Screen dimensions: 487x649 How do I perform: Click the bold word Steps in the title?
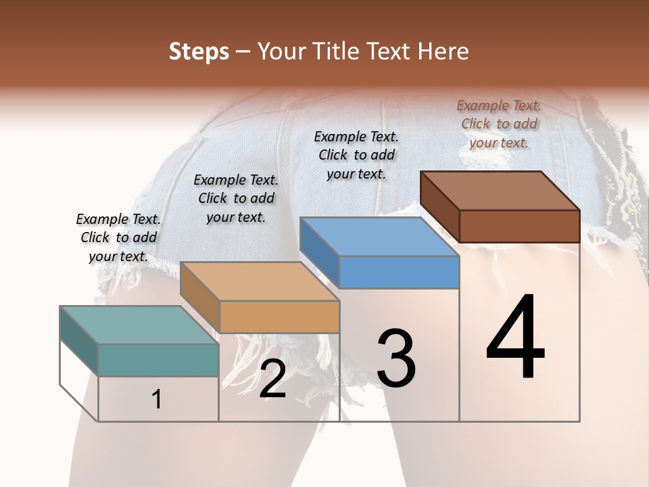point(199,51)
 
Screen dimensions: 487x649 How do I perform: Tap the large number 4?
point(515,338)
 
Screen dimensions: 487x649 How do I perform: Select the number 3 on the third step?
point(395,358)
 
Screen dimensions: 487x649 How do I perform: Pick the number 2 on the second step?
point(272,379)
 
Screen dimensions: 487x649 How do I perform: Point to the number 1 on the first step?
point(157,400)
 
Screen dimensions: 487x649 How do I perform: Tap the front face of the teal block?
point(158,360)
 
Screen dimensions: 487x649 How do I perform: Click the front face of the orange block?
point(279,317)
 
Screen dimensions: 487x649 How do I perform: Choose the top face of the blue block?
point(379,237)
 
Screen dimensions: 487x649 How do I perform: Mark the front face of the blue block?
point(399,272)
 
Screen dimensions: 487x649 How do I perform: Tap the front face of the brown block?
point(519,226)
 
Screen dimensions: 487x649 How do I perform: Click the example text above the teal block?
point(118,237)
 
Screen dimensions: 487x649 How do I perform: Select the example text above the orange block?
point(236,198)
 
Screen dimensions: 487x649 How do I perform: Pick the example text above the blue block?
point(356,155)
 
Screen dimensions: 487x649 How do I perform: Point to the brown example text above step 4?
point(499,124)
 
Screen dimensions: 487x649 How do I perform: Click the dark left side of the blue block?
point(319,252)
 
